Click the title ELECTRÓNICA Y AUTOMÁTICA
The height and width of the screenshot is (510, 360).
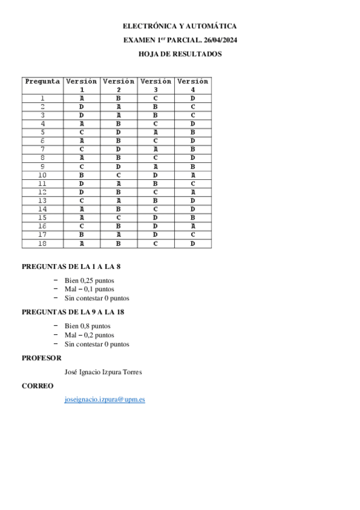coord(180,26)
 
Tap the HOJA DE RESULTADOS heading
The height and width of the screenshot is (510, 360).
coord(180,54)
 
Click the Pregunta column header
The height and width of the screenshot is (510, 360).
coord(42,81)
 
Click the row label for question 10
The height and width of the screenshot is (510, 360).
coord(42,176)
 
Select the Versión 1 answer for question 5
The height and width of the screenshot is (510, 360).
coord(81,132)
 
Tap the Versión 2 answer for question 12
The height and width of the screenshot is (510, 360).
coord(118,192)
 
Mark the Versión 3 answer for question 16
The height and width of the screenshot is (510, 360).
coord(156,226)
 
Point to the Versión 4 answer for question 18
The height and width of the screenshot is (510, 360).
coord(193,244)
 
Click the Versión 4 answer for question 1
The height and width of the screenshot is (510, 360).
coord(193,98)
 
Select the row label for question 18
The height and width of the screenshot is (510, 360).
coord(42,244)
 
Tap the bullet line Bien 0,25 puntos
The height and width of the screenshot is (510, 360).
coord(90,280)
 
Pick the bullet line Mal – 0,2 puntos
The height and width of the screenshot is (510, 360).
coord(90,335)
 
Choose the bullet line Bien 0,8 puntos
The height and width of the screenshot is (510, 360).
coord(88,326)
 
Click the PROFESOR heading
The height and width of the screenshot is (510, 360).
coord(41,358)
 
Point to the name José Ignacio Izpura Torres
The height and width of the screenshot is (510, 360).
coord(103,372)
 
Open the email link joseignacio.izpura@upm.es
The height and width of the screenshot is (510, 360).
coord(105,399)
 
